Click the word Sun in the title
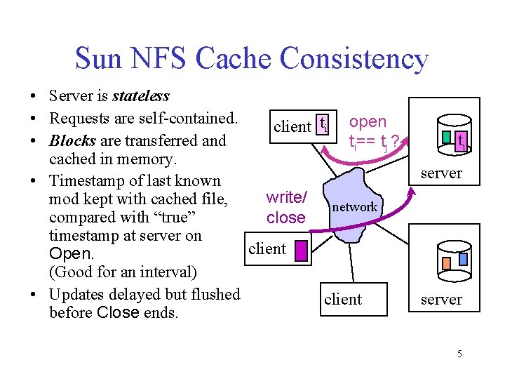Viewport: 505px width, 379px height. [x=97, y=59]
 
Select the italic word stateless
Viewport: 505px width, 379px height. [x=141, y=95]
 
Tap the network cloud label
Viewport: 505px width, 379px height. [x=354, y=207]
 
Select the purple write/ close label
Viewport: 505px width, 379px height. [x=285, y=208]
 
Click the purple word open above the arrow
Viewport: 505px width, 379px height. [x=368, y=121]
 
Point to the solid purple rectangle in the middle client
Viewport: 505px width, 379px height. [x=301, y=250]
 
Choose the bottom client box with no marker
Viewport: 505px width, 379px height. [x=343, y=299]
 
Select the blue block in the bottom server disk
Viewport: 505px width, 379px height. [x=462, y=259]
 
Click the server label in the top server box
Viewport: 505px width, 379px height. [x=441, y=173]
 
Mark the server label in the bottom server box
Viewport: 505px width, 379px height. [x=441, y=299]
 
